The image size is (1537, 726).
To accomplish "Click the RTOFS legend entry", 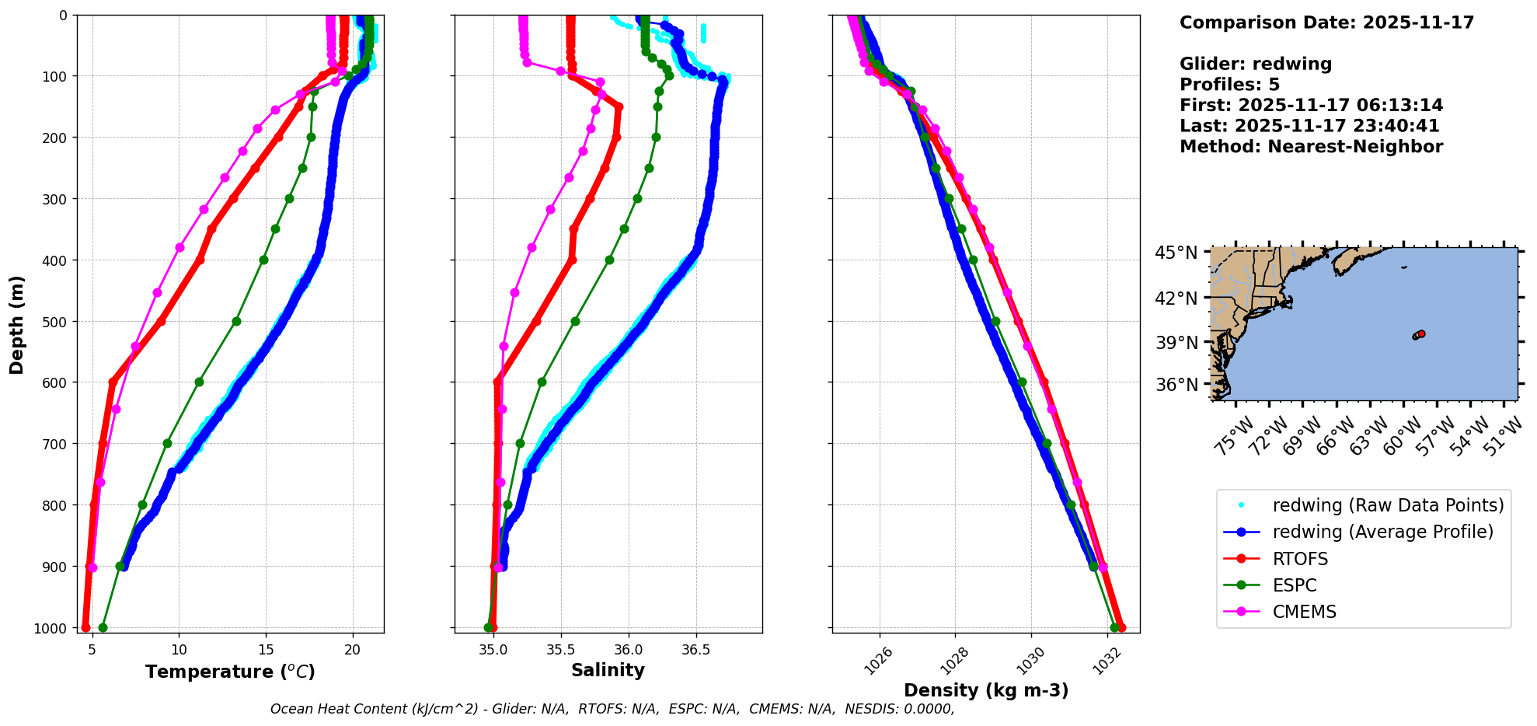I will (1299, 559).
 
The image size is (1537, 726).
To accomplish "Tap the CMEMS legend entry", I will (1304, 612).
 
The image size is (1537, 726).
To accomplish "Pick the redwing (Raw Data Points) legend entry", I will (1387, 505).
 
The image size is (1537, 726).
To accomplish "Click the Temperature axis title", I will (230, 672).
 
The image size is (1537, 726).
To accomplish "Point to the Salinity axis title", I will (608, 670).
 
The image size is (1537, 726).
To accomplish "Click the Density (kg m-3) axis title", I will (985, 690).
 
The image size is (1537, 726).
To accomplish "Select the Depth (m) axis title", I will (17, 324).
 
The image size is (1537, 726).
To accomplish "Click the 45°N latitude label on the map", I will (1176, 253).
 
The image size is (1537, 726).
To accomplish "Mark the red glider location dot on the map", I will (1421, 333).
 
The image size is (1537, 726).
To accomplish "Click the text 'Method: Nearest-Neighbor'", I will (1311, 147).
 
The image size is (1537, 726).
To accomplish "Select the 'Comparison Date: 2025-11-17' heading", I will (1326, 23).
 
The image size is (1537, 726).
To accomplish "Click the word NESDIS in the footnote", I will (872, 709).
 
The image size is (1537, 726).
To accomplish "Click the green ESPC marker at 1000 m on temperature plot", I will (103, 627).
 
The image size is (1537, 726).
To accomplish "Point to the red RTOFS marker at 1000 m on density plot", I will (1121, 627).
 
